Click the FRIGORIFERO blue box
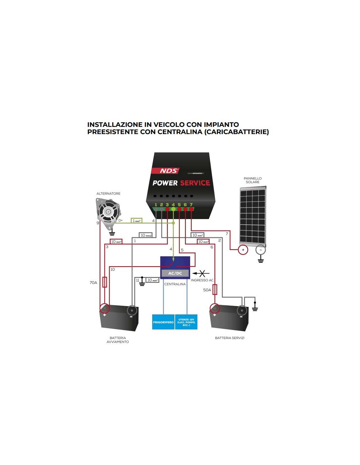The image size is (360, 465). [x=163, y=322]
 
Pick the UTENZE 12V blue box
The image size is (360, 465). [x=186, y=322]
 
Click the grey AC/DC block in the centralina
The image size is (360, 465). [x=175, y=273]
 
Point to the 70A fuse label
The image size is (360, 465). [x=93, y=283]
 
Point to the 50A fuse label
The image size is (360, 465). [x=207, y=290]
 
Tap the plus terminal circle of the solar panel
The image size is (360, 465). [x=243, y=250]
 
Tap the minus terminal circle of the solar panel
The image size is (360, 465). [x=261, y=250]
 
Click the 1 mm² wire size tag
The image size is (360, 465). [x=136, y=221]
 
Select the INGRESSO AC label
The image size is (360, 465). [x=202, y=280]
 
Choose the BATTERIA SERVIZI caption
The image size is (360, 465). [x=229, y=338]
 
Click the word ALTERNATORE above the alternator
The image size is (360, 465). [x=108, y=194]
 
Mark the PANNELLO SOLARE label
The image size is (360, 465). [x=253, y=180]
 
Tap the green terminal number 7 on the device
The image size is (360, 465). [x=191, y=205]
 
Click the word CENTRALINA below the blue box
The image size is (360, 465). [x=175, y=284]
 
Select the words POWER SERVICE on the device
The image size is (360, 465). [x=181, y=183]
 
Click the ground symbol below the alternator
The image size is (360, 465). [x=112, y=233]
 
